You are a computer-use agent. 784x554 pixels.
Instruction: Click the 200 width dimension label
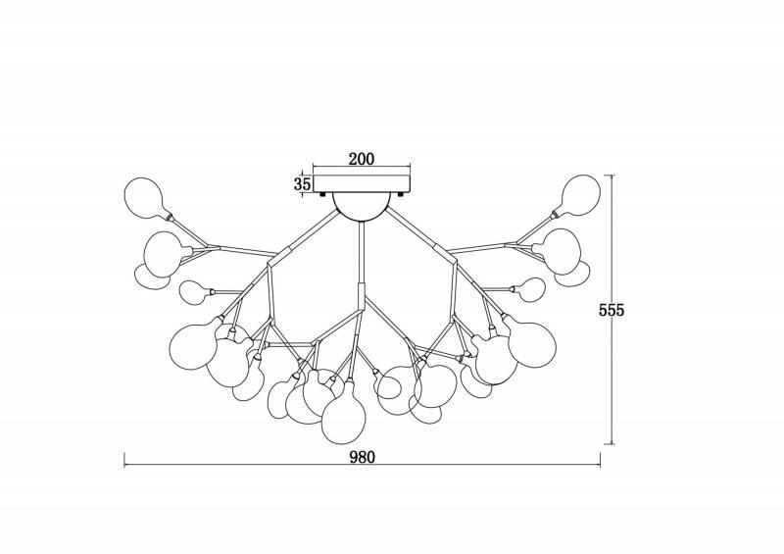361,159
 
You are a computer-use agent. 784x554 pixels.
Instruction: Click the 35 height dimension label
302,183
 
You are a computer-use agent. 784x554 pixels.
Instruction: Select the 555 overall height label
612,310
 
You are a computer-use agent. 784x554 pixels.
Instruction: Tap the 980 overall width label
362,457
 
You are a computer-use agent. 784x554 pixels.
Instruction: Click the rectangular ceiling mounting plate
362,183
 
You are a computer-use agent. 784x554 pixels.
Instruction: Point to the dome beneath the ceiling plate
362,207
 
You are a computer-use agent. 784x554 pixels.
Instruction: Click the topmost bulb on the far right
580,195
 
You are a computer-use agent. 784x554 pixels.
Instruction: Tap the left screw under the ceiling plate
322,194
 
